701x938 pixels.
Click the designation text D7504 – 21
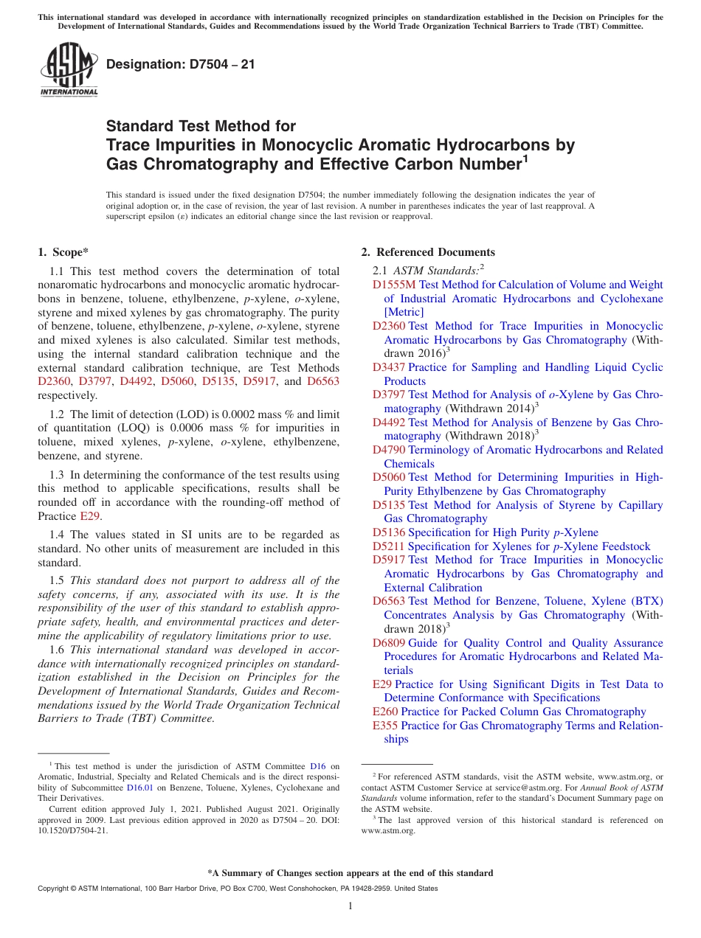[x=181, y=64]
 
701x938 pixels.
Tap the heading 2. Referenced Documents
[x=428, y=252]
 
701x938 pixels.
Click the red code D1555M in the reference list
[x=394, y=285]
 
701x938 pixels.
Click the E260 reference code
[x=385, y=712]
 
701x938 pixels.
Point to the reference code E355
[x=385, y=726]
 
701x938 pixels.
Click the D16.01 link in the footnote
[x=140, y=788]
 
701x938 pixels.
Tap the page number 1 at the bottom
[x=350, y=906]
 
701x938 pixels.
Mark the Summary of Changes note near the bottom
[x=350, y=873]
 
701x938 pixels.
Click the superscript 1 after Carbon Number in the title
[x=525, y=158]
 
